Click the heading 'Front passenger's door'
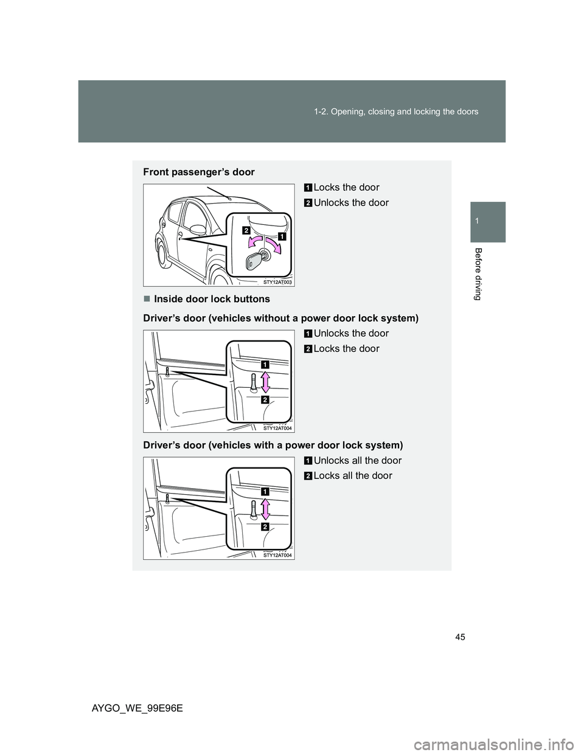pos(199,172)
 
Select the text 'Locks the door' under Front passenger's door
pos(346,187)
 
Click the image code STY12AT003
pos(278,282)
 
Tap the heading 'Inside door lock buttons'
pos(212,299)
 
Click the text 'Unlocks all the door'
pos(358,460)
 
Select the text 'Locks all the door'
pos(353,475)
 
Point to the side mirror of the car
pos(198,230)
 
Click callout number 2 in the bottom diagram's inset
pos(266,526)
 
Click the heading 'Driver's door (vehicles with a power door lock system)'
pos(273,445)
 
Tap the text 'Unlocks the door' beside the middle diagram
pos(351,333)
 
